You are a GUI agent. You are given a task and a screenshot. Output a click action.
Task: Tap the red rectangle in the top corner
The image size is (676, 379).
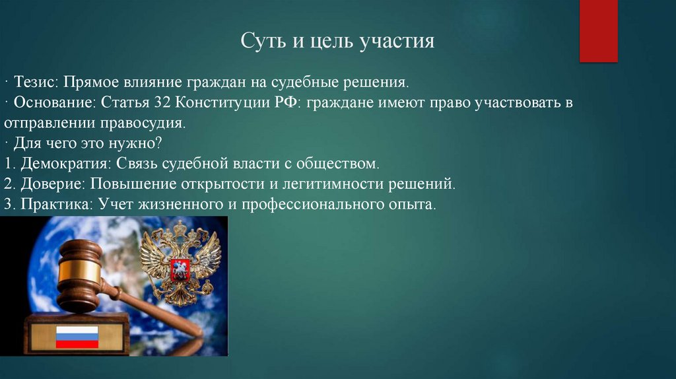pos(598,31)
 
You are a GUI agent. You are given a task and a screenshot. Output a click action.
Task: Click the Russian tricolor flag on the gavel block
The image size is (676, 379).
pos(76,336)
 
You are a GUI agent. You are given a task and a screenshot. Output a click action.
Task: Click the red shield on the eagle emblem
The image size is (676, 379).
pos(179,269)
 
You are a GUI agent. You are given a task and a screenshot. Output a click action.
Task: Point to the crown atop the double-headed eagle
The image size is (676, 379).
pos(180,228)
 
